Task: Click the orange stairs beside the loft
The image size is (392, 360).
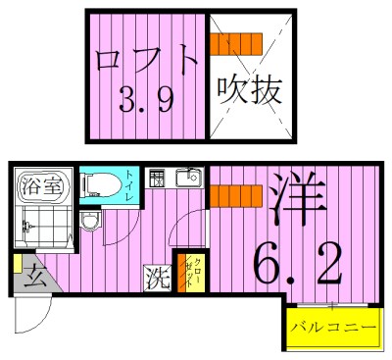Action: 237,44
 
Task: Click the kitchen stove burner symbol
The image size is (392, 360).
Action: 156,179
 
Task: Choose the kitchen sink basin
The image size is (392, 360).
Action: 186,179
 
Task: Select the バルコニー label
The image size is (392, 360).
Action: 333,327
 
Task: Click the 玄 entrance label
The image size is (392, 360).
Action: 33,276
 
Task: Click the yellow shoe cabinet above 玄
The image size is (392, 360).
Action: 18,263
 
